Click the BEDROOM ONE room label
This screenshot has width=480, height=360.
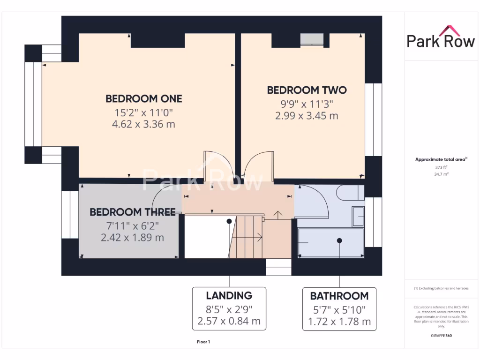[x=143, y=99]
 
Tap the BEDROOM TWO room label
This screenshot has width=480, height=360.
[x=307, y=90]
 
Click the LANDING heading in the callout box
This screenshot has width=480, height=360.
[x=229, y=296]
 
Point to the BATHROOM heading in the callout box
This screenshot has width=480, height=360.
[x=339, y=296]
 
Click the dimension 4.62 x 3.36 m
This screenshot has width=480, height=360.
[x=143, y=124]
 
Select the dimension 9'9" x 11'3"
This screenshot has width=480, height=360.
[x=307, y=104]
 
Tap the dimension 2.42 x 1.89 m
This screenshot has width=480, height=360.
[x=133, y=238]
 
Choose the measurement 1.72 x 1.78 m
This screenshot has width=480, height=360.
[x=339, y=322]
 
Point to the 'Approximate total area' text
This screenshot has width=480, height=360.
[x=440, y=160]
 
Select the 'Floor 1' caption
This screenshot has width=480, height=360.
[x=203, y=342]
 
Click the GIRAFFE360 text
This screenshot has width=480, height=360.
[x=441, y=336]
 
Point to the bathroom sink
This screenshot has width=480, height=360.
[x=358, y=216]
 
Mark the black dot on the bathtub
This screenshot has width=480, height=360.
[x=339, y=240]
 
